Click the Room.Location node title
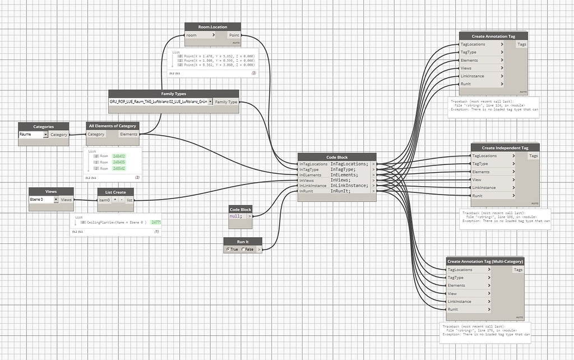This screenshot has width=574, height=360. pyautogui.click(x=213, y=26)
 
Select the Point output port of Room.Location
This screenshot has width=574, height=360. pyautogui.click(x=234, y=35)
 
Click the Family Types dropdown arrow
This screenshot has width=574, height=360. pyautogui.click(x=210, y=102)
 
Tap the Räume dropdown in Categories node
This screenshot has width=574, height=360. pyautogui.click(x=33, y=135)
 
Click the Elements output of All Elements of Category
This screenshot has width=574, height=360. pyautogui.click(x=128, y=135)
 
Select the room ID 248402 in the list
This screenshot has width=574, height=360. pyautogui.click(x=119, y=156)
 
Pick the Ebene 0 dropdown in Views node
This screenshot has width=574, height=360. pyautogui.click(x=44, y=200)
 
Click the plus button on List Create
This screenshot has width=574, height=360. pyautogui.click(x=115, y=200)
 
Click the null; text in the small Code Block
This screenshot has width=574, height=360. pyautogui.click(x=236, y=216)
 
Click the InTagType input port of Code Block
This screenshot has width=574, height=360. pyautogui.click(x=309, y=169)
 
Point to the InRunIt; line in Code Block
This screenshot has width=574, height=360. pyautogui.click(x=342, y=191)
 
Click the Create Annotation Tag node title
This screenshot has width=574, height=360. pyautogui.click(x=493, y=36)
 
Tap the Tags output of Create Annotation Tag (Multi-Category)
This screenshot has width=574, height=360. pyautogui.click(x=518, y=270)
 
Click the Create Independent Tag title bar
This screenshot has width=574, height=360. pyautogui.click(x=504, y=147)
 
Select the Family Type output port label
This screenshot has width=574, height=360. pyautogui.click(x=226, y=102)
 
